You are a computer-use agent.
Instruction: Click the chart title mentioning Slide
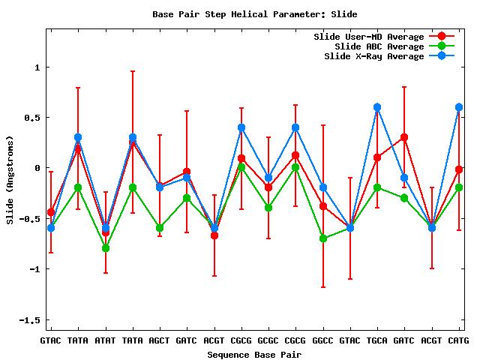[x=255, y=14]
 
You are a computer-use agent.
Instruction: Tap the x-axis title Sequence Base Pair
[x=255, y=354]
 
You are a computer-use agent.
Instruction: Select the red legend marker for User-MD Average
[x=442, y=37]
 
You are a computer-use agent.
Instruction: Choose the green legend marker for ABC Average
[x=442, y=46]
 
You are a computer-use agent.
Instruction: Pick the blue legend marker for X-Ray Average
[x=442, y=56]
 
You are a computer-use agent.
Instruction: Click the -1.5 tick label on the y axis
[x=31, y=320]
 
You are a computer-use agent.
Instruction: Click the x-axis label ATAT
[x=106, y=341]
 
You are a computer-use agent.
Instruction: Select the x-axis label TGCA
[x=377, y=341]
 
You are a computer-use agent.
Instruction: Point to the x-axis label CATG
[x=459, y=341]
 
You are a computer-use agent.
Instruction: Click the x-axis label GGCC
[x=323, y=341]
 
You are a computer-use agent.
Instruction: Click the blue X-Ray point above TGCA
[x=377, y=107]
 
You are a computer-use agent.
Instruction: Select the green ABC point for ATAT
[x=106, y=248]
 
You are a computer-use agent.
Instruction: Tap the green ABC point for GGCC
[x=323, y=238]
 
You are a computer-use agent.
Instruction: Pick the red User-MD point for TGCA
[x=377, y=157]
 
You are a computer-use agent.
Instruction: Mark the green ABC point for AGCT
[x=160, y=228]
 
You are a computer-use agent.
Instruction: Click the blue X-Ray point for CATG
[x=459, y=107]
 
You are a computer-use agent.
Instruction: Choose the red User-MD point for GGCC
[x=323, y=206]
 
